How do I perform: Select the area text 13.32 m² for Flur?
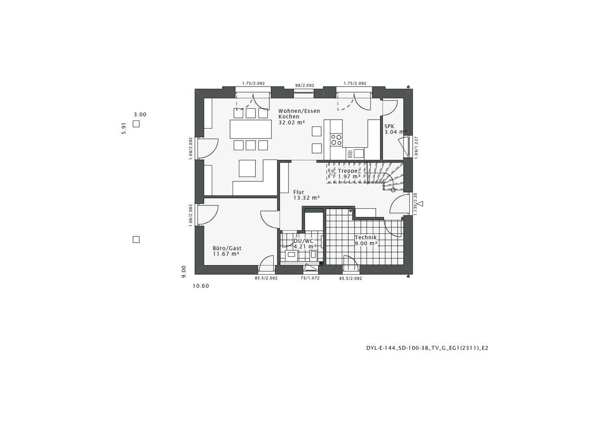point(306,198)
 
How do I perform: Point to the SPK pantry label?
point(389,126)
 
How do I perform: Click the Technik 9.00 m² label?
point(366,241)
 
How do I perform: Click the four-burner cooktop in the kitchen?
point(336,140)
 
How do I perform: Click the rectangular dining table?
point(250,129)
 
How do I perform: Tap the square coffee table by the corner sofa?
point(247,168)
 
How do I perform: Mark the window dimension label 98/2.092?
point(305,85)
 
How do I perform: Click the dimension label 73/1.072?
point(310,278)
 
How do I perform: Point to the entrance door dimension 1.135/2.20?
point(416,204)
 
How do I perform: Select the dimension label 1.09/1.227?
point(416,148)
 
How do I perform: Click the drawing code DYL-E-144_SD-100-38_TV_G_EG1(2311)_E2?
point(427,348)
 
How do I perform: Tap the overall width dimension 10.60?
point(201,286)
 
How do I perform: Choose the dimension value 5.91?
point(124,129)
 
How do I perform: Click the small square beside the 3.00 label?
point(136,124)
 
